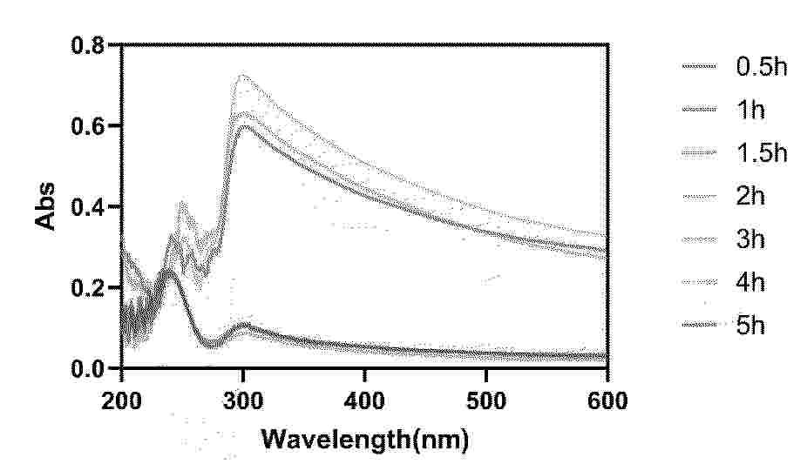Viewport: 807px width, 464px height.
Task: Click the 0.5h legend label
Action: tap(762, 67)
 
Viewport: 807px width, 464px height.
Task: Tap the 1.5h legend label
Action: tap(762, 153)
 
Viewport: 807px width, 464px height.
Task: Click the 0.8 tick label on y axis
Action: tap(87, 45)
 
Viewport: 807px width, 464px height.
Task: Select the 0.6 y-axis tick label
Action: tap(87, 126)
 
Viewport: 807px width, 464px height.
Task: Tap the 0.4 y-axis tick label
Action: tap(87, 207)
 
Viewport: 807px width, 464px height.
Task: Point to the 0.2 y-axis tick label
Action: tap(87, 288)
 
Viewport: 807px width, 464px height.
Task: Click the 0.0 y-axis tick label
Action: tap(87, 369)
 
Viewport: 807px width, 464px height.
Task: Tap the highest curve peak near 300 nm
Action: tap(243, 77)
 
